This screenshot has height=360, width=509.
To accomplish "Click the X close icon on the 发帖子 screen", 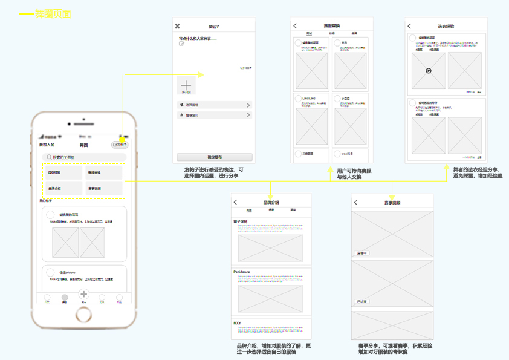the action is pos(177,26).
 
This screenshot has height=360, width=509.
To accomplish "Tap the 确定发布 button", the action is pos(214,157).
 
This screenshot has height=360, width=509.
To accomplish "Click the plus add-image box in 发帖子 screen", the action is pos(186,85).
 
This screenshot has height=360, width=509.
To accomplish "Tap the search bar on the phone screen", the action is pos(83,157).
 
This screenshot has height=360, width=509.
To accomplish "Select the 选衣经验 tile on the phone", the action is pos(62,173).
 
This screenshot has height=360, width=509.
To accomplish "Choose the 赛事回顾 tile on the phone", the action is pos(103,189).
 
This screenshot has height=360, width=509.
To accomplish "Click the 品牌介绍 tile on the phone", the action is pos(62,189).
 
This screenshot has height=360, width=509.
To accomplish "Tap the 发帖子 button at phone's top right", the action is pos(120,145).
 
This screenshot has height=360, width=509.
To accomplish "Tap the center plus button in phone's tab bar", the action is pos(84,295).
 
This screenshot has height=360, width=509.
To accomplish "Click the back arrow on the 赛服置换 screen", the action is pos(295,26).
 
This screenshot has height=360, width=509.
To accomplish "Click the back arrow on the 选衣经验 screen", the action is pos(409,26).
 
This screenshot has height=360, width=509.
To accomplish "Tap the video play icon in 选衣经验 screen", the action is pos(429,71).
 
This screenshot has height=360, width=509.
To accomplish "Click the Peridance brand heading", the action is pos(242,272).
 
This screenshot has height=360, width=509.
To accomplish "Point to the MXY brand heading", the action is pos(238,323).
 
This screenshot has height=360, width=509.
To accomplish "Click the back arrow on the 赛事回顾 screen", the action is pos(355,203).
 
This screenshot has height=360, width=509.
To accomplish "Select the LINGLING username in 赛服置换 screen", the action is pos(309,98).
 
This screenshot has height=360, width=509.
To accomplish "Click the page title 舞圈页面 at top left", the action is pos(53,13).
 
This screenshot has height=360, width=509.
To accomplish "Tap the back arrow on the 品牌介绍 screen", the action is pos(236,202).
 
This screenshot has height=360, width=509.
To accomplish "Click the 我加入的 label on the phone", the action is pos(47,145).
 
